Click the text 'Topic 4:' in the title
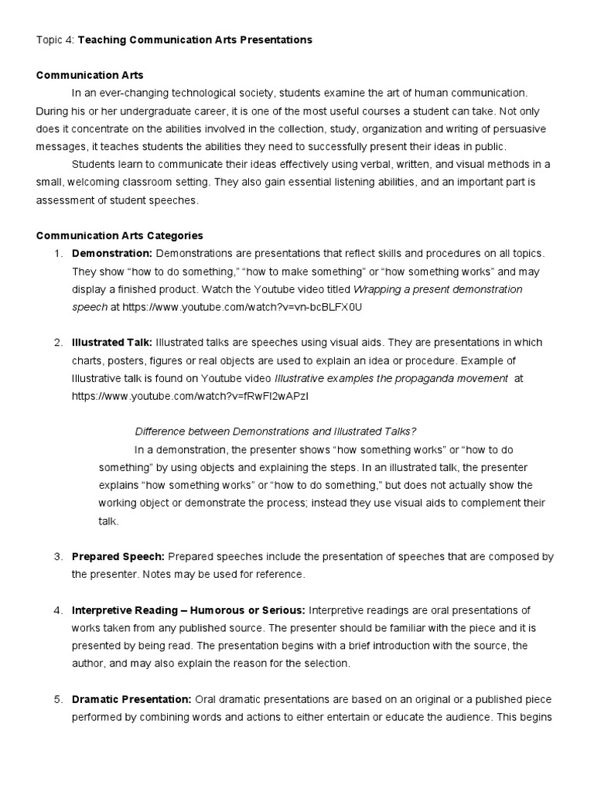pos(54,39)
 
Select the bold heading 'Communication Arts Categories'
pos(119,235)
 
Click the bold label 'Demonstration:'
pos(111,253)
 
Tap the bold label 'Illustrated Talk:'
pos(111,342)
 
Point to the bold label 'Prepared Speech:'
pos(118,556)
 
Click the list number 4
pos(58,610)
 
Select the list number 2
pos(58,342)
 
